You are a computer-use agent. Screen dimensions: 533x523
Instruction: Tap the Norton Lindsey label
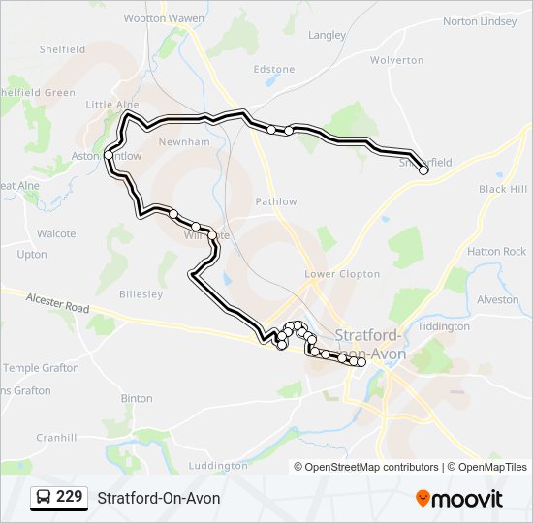(x=480, y=21)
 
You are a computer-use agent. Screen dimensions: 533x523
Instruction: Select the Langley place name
(x=327, y=36)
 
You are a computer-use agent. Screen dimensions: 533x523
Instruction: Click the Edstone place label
(x=273, y=70)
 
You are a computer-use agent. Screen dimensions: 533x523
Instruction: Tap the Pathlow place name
(x=276, y=201)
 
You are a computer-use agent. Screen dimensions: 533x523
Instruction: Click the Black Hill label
(x=503, y=190)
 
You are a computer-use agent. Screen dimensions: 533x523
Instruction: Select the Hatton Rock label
(x=496, y=252)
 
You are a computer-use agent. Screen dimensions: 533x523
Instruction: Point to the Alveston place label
(x=498, y=300)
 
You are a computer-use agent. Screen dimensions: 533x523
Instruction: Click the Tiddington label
(x=442, y=326)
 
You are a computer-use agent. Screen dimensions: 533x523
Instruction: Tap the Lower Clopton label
(x=342, y=274)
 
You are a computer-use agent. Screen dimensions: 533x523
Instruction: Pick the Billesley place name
(x=141, y=294)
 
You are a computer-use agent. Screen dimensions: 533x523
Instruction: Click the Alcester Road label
(x=57, y=304)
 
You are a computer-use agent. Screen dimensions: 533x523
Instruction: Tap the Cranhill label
(x=56, y=438)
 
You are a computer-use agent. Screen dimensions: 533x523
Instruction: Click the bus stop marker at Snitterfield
(x=423, y=170)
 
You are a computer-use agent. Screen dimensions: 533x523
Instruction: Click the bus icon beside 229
(x=44, y=498)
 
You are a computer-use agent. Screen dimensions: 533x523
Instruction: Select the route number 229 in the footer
(x=69, y=498)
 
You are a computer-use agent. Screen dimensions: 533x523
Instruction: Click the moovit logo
(x=459, y=499)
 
